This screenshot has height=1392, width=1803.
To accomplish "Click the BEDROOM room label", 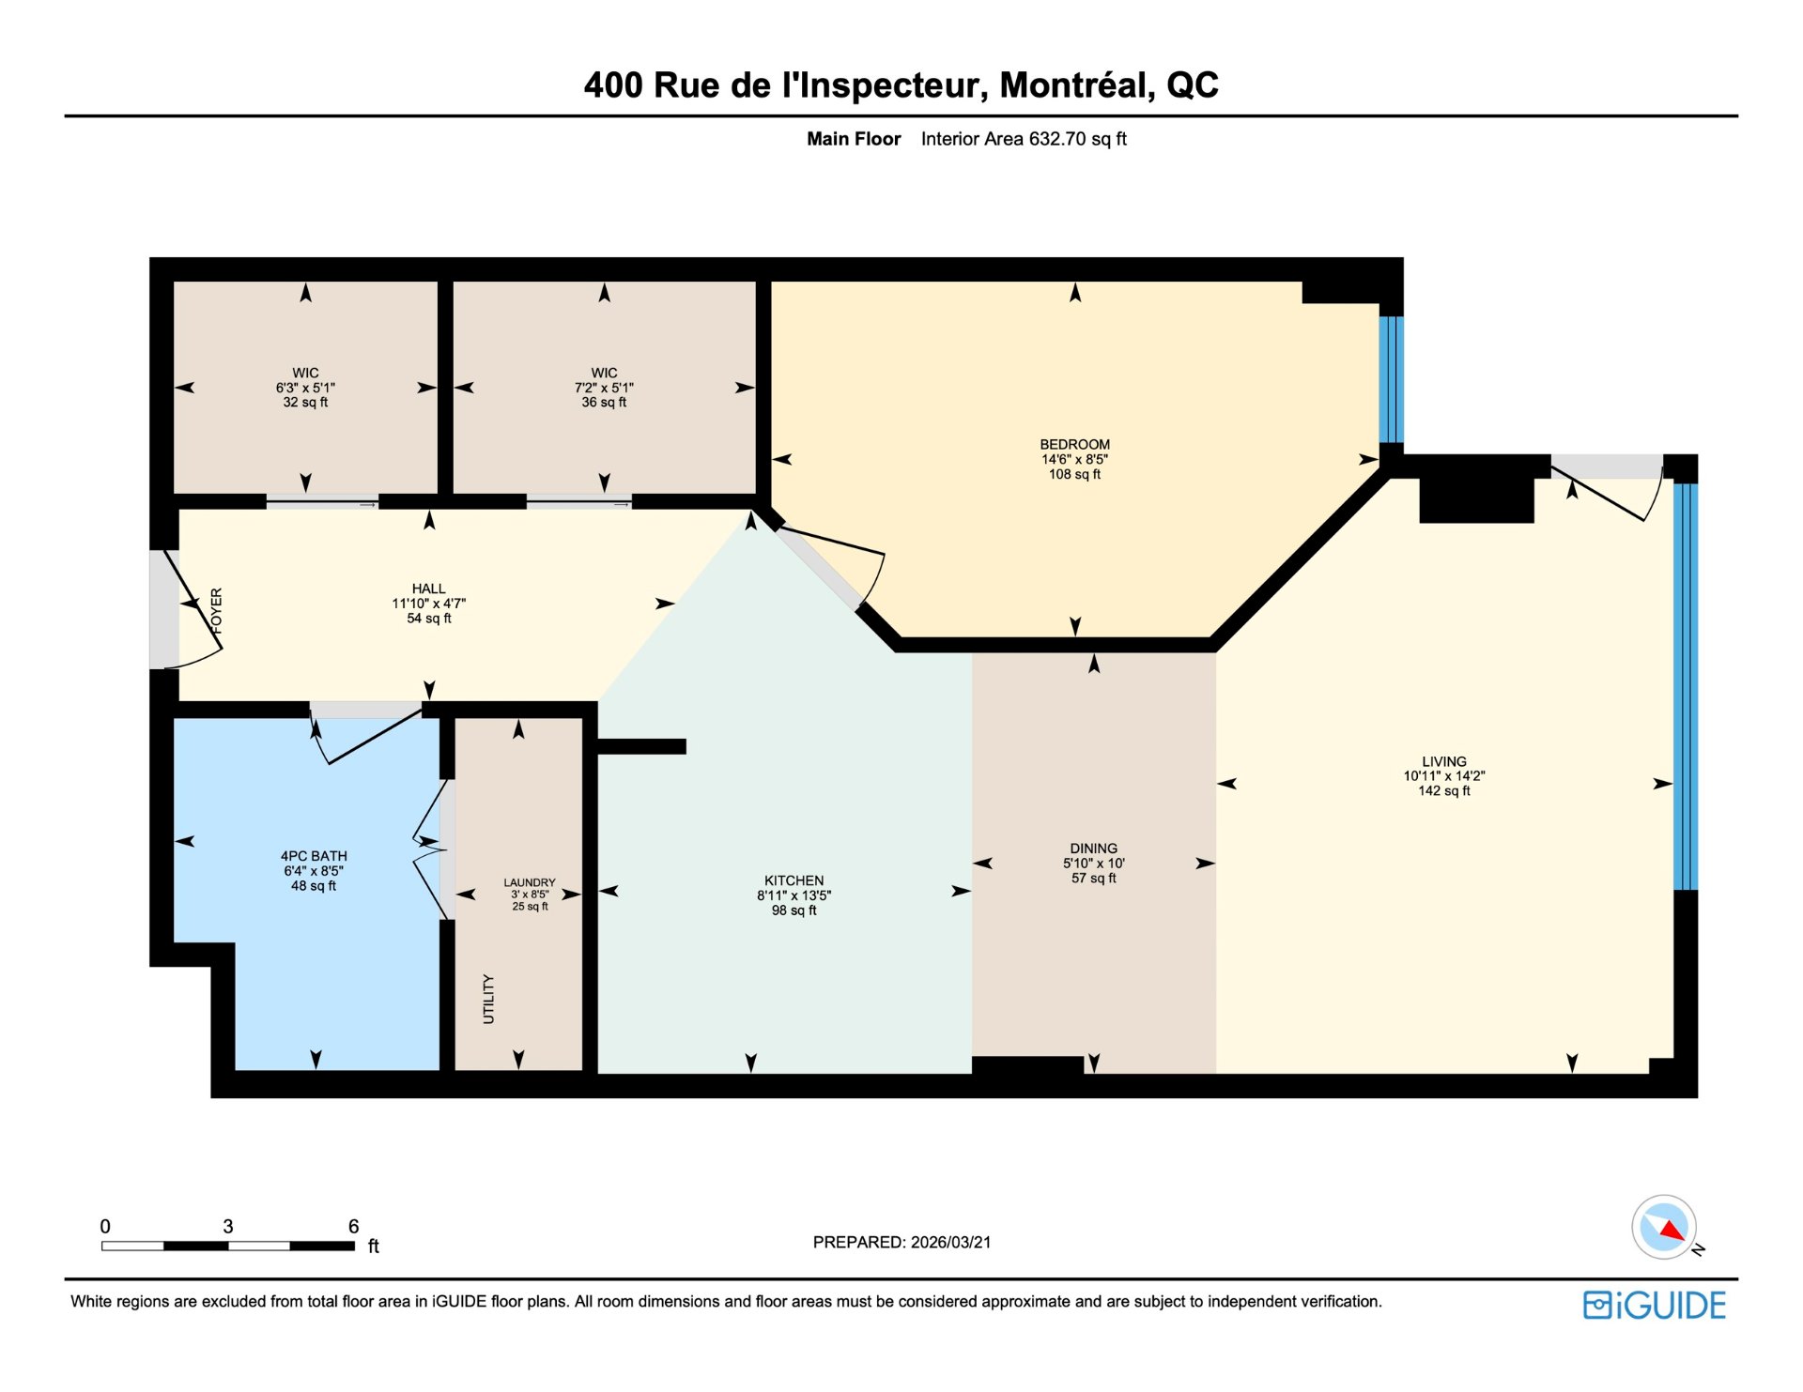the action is pos(1074,445).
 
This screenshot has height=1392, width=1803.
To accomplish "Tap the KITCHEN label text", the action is pos(794,880).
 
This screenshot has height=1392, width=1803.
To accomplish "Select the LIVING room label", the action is pos(1443,761).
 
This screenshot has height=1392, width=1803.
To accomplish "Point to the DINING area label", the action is pos(1093,848).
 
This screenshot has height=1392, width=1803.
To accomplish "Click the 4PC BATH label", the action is pos(314,856).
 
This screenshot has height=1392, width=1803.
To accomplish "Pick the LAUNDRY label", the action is pos(530,882).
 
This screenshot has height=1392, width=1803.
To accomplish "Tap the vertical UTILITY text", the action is pos(488,999).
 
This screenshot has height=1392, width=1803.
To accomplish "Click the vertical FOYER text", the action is pos(217,611).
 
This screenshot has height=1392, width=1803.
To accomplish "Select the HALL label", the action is pos(428,589).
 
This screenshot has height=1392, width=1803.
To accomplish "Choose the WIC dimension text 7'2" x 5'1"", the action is pos(604,388).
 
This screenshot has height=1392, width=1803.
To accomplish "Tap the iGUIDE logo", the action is pos(1655,1306).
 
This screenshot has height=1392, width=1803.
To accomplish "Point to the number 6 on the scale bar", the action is pos(353,1226).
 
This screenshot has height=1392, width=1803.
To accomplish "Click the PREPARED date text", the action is pos(901,1242).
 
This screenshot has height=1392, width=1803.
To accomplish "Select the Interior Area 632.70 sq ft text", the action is pos(1024,139).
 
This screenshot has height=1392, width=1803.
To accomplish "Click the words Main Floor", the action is pos(854,139).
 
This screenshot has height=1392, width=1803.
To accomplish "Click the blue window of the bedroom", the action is pos(1391,379).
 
